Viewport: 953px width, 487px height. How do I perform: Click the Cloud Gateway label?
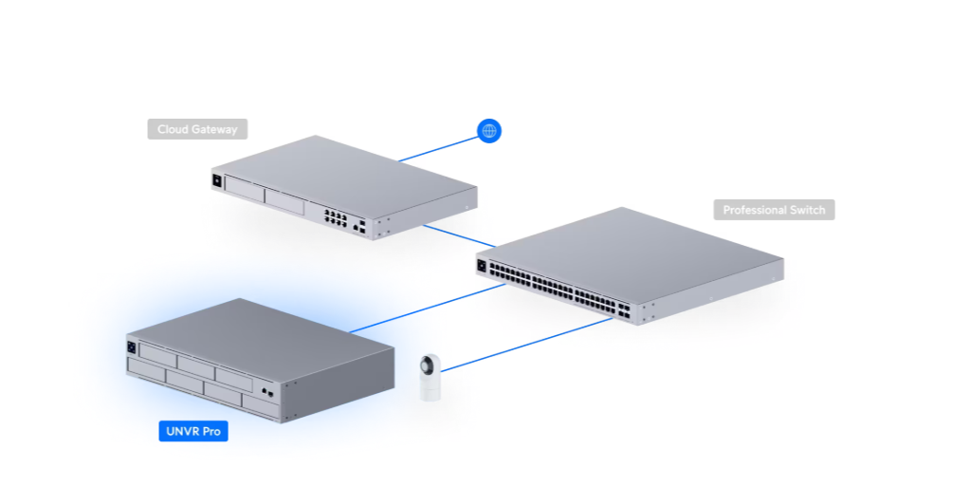pyautogui.click(x=197, y=129)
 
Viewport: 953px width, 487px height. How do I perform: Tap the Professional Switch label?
pyautogui.click(x=774, y=210)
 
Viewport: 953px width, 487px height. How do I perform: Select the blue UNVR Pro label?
pyautogui.click(x=193, y=432)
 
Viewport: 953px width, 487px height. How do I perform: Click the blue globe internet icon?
pyautogui.click(x=489, y=131)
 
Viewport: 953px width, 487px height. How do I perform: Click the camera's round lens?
pyautogui.click(x=429, y=365)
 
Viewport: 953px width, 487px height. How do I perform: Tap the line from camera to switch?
pyautogui.click(x=531, y=344)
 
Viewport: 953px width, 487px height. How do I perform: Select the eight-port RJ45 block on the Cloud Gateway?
pyautogui.click(x=335, y=215)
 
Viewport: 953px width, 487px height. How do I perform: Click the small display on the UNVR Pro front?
pyautogui.click(x=132, y=347)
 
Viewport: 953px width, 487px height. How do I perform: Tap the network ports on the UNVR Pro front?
pyautogui.click(x=266, y=391)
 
